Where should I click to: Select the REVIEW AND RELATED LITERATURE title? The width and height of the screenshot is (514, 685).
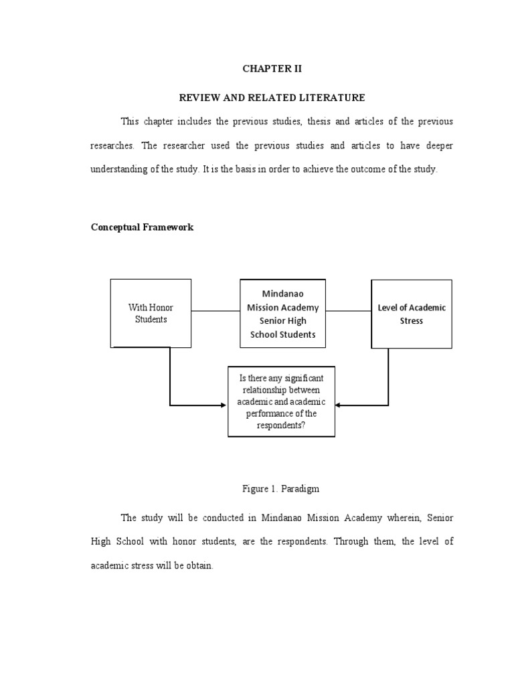pyautogui.click(x=272, y=98)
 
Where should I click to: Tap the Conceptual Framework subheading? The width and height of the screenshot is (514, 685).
pyautogui.click(x=142, y=227)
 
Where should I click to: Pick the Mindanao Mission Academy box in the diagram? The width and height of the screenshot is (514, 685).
pyautogui.click(x=282, y=314)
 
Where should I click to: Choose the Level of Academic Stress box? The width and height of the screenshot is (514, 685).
pyautogui.click(x=411, y=314)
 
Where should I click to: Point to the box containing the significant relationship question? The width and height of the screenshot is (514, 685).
pyautogui.click(x=281, y=401)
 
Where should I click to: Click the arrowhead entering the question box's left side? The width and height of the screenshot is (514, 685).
pyautogui.click(x=224, y=405)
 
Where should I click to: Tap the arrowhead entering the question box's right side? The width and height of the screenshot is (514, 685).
pyautogui.click(x=339, y=405)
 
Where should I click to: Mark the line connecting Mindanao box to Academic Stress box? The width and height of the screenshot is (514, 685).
pyautogui.click(x=348, y=311)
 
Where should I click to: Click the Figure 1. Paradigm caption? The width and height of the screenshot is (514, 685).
pyautogui.click(x=280, y=489)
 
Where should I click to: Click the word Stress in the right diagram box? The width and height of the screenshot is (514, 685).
pyautogui.click(x=412, y=321)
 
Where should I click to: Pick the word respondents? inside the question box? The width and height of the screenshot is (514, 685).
pyautogui.click(x=282, y=425)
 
